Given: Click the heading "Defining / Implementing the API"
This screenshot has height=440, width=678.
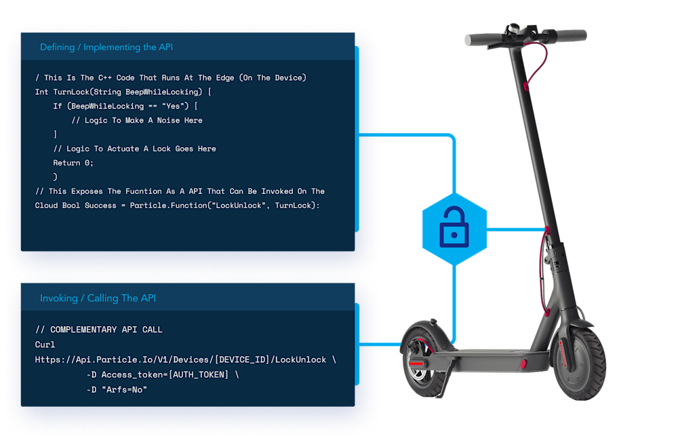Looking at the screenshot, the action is [107, 47].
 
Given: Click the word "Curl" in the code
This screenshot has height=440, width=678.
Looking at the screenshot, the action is [45, 345].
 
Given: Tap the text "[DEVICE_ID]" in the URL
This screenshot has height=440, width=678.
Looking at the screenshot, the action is [237, 359].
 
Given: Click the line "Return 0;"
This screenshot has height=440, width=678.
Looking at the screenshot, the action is [73, 163].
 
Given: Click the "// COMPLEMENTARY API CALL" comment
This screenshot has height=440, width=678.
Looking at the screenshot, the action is [99, 330].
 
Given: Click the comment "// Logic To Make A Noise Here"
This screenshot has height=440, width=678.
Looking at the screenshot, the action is [136, 121].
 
